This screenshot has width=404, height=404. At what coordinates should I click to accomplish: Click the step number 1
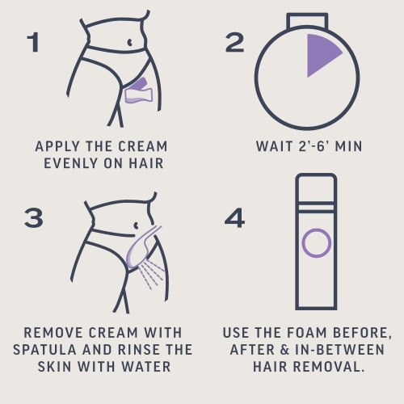[33, 42]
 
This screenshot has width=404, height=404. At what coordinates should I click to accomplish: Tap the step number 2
[234, 42]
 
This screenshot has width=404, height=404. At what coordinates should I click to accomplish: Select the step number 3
[34, 217]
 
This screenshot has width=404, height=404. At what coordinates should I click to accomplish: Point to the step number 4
[234, 217]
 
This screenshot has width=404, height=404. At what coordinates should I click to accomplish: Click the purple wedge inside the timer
[321, 54]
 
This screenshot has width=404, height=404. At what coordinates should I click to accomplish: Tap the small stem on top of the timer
[307, 20]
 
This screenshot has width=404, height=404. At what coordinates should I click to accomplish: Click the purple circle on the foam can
[316, 242]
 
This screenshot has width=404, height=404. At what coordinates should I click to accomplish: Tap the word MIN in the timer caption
[349, 146]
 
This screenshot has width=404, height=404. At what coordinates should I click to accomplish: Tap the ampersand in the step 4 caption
[284, 350]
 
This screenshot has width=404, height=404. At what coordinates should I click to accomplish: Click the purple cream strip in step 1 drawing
[139, 90]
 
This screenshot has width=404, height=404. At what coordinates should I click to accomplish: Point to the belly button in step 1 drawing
[129, 42]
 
